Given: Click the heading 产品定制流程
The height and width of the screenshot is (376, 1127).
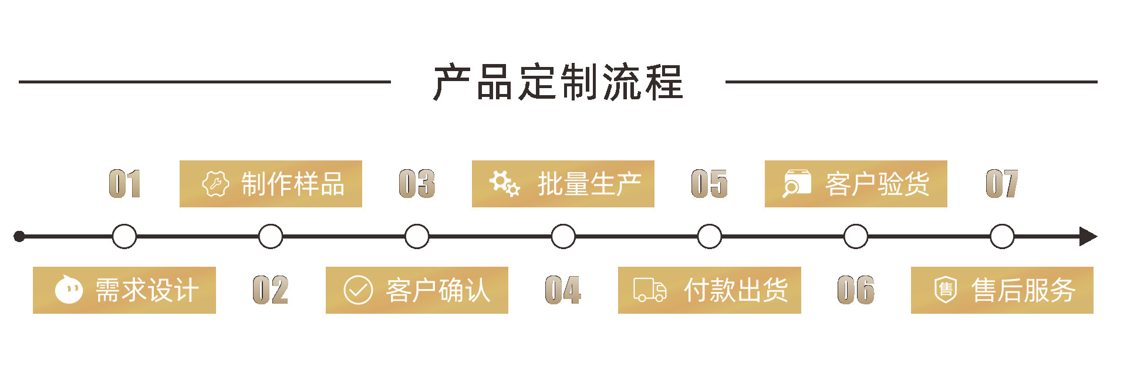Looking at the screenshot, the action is (x=558, y=82).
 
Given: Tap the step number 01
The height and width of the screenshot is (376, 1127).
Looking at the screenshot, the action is (x=124, y=184).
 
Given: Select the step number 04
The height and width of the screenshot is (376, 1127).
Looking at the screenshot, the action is (x=563, y=290).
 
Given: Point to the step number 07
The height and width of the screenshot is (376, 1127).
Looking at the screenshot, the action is (x=1001, y=184).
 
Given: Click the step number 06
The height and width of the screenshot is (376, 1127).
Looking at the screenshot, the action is (x=855, y=290).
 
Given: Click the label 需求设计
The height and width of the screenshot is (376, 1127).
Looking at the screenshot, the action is (x=147, y=290).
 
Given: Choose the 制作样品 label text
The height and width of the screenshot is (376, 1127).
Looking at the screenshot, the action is (x=292, y=184).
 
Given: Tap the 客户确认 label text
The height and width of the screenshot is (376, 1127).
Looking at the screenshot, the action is (x=438, y=290).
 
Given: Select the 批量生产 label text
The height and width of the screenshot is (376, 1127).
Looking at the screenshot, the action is (x=589, y=184).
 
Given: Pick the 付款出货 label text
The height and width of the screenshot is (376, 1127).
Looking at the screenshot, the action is (x=736, y=290).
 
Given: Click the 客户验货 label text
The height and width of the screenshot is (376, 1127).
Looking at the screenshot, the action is (x=877, y=184).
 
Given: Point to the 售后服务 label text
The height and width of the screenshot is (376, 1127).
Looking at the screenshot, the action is (x=1023, y=290).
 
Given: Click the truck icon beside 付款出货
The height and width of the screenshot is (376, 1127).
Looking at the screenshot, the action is (x=650, y=290).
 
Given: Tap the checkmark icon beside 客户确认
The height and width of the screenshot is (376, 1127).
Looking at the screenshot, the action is (x=358, y=290).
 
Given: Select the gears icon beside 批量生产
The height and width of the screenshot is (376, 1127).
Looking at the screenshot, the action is (x=505, y=184).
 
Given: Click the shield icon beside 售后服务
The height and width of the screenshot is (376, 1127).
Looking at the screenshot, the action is (x=945, y=290).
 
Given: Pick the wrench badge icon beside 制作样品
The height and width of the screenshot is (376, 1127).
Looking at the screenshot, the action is (x=215, y=184).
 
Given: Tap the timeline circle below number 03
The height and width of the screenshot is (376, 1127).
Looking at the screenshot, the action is (x=417, y=237).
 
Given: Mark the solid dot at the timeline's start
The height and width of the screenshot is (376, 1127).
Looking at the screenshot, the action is (x=19, y=237).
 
